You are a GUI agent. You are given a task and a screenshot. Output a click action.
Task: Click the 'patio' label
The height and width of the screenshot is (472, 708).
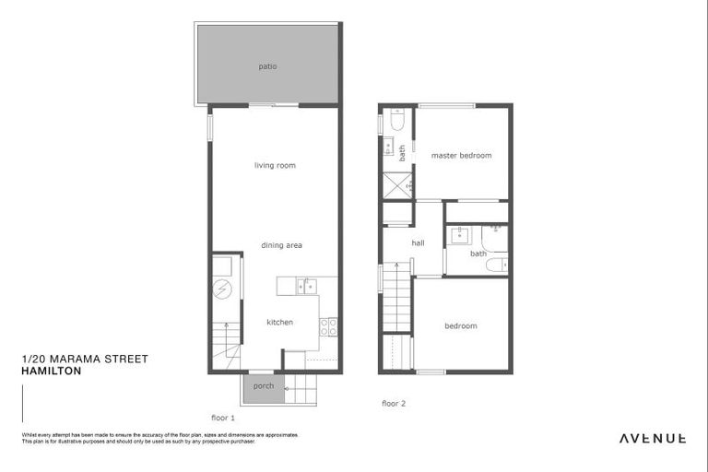coord(268,66)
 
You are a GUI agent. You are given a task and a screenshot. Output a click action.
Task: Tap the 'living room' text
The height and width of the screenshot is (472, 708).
coord(275,165)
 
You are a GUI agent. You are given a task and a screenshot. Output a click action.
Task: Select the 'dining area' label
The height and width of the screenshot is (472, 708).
coord(281,245)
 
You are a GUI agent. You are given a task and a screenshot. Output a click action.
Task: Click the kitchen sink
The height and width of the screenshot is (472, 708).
coord(307,286)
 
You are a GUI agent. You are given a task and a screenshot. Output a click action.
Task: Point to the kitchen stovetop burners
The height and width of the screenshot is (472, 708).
coord(328,326)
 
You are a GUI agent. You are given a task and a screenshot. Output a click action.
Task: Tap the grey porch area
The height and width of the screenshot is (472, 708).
coord(263,387)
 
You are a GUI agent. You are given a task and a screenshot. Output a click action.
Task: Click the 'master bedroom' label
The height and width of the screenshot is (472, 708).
coord(461,155)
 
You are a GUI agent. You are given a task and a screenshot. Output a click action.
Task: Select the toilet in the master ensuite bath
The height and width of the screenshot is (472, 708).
coord(396,120)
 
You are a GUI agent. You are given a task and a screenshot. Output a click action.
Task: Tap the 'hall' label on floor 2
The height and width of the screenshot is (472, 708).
coord(418,243)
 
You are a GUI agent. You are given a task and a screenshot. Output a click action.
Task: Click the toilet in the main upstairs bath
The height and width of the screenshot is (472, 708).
coord(494,265)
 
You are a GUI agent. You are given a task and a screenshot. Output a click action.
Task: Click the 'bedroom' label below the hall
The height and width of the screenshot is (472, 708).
coord(461,325)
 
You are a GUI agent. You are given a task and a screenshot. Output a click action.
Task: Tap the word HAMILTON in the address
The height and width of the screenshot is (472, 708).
coord(51,371)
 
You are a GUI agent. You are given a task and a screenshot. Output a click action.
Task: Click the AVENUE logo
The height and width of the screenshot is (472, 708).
coord(652,439)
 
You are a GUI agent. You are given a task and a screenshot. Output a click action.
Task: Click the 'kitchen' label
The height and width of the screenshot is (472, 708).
coord(279,322)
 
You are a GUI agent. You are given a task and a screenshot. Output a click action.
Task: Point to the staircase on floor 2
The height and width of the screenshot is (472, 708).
coord(397,297)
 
